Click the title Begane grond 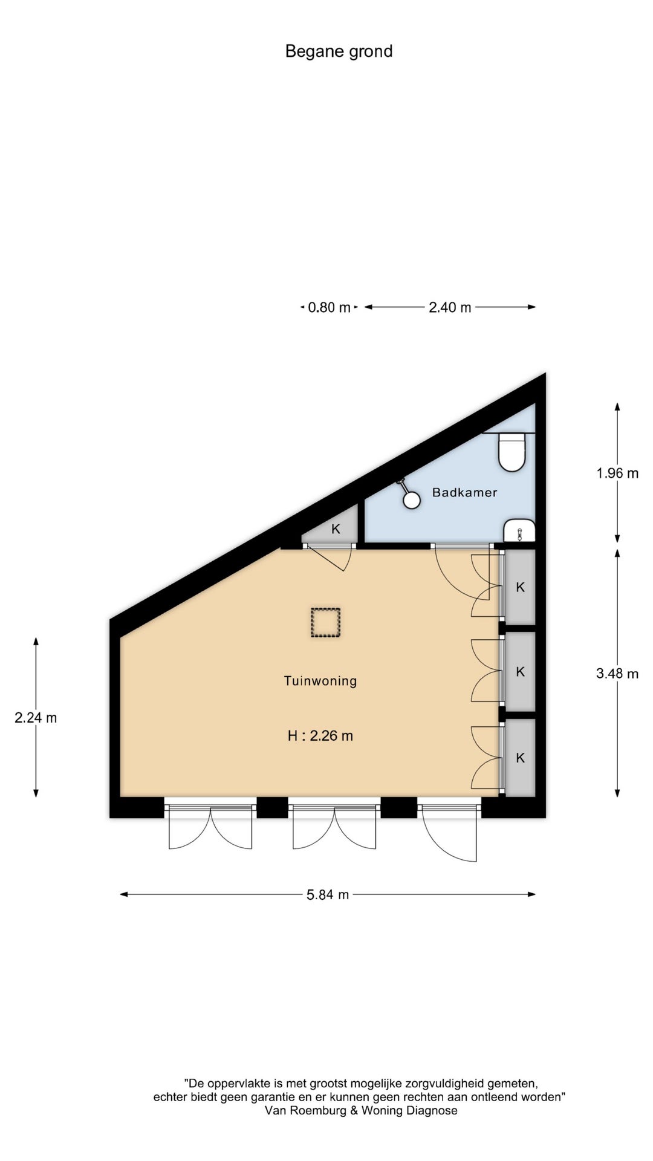[339, 51]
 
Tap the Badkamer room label [464, 492]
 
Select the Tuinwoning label [320, 681]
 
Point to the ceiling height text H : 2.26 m [320, 736]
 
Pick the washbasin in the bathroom [519, 530]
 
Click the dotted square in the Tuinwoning [326, 622]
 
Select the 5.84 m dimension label [328, 894]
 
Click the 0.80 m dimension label [330, 307]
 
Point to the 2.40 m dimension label [450, 307]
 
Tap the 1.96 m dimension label [617, 473]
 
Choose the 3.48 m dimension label [617, 673]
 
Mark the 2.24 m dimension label [36, 718]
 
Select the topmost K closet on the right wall [520, 587]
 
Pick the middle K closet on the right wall [520, 671]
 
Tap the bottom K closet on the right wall [520, 758]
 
